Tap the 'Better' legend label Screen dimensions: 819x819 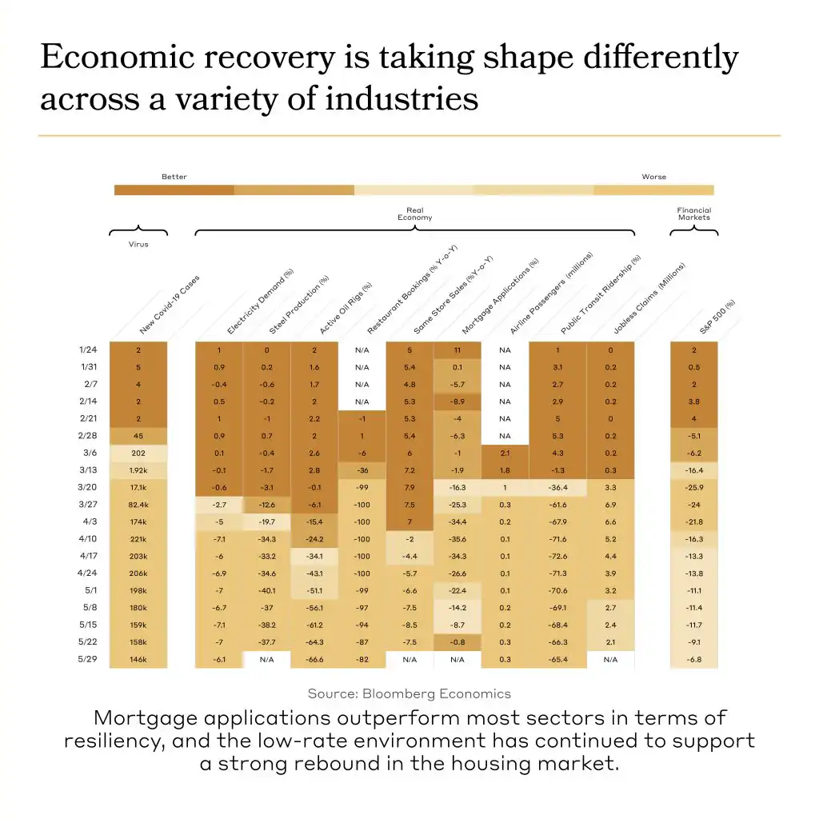pos(174,177)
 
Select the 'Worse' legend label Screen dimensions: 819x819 pos(653,177)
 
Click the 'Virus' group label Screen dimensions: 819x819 pos(138,245)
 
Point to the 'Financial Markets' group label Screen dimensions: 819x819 pos(693,214)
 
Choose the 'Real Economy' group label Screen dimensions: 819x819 pos(414,214)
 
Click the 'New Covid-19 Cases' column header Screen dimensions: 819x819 pos(169,305)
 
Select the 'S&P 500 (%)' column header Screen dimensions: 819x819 pos(717,317)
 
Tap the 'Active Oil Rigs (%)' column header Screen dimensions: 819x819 pos(345,308)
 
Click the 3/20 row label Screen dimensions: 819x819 pos(89,488)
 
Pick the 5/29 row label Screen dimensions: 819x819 pos(89,660)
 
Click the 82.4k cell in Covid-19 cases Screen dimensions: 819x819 pos(138,505)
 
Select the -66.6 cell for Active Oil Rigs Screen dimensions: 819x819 pos(314,660)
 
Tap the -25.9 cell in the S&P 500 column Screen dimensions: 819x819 pos(693,488)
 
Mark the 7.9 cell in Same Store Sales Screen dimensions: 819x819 pos(409,488)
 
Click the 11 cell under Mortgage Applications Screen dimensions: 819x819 pos(457,350)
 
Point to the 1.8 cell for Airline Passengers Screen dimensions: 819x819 pos(505,471)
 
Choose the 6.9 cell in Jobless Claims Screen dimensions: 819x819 pos(609,505)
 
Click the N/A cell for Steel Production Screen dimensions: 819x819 pos(266,660)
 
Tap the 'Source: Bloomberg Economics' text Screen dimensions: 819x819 pos(409,693)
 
